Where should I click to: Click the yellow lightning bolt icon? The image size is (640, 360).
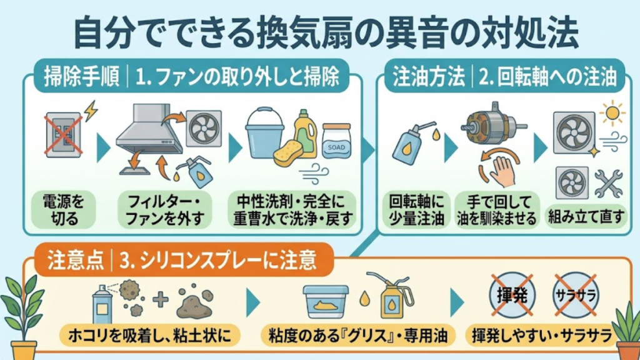[x=91, y=111]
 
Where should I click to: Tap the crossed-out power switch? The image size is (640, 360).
[x=64, y=135]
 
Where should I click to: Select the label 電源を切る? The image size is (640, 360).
[x=64, y=210]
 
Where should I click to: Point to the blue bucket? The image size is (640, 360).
[x=264, y=132]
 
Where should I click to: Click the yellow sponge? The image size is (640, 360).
[x=288, y=154]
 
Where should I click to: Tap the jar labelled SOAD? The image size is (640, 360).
[x=336, y=141]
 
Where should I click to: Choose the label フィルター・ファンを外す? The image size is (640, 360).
[x=164, y=210]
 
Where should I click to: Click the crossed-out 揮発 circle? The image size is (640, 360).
[x=511, y=295]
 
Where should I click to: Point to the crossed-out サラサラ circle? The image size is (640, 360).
[x=576, y=295]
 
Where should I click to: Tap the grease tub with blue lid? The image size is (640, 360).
[x=326, y=301]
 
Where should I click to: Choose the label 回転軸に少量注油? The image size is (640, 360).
[x=416, y=210]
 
